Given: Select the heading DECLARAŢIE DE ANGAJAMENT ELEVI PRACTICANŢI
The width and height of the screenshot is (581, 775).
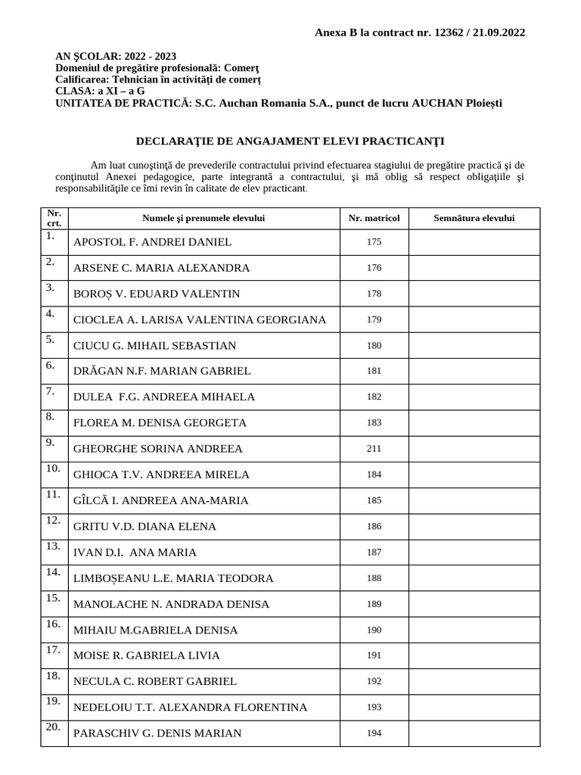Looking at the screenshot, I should [290, 141].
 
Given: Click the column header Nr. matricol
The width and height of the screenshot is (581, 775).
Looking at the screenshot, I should [374, 218].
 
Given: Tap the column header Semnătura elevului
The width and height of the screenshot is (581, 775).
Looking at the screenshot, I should [474, 218].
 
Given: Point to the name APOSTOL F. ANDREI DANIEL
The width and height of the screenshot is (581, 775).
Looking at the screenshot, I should [152, 242].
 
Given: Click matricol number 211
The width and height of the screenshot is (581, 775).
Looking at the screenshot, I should [374, 449].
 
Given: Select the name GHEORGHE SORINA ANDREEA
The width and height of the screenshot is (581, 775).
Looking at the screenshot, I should [158, 449].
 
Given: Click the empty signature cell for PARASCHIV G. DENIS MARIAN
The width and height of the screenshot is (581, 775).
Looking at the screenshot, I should [474, 733].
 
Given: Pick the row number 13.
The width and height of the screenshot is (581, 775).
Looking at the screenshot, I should [53, 546].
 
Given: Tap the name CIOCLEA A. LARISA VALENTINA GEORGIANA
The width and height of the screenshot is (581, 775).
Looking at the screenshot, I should [200, 319].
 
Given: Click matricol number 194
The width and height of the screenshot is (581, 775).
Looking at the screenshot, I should [374, 733].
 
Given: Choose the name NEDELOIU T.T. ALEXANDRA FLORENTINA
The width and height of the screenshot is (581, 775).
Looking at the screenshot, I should [190, 707].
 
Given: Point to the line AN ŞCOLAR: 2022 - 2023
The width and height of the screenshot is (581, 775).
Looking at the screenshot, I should [116, 56].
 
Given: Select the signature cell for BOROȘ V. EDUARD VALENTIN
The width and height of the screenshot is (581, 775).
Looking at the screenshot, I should [474, 294].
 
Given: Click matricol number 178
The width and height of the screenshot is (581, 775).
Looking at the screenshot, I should [374, 294].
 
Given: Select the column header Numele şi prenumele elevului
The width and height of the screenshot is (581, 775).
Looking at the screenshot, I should [204, 218].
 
